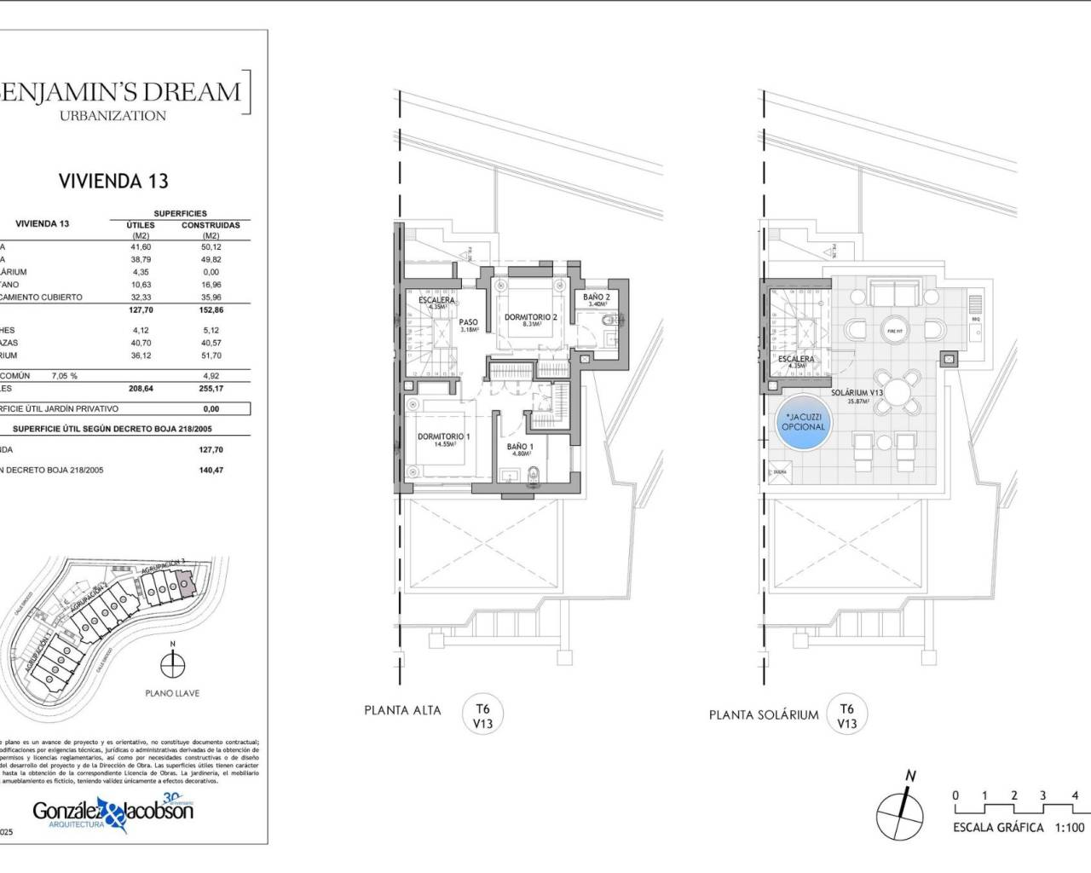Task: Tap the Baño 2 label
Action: pos(597,298)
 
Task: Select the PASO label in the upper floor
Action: pos(469,324)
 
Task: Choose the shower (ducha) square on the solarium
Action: pos(779,469)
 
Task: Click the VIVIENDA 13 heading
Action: pos(113,181)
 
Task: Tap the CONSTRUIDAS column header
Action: pos(211,225)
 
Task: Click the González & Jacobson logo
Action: pos(113,811)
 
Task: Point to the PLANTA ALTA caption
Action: pos(402,710)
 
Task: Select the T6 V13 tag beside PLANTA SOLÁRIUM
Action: pos(846,715)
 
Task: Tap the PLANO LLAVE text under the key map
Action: pos(171,693)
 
